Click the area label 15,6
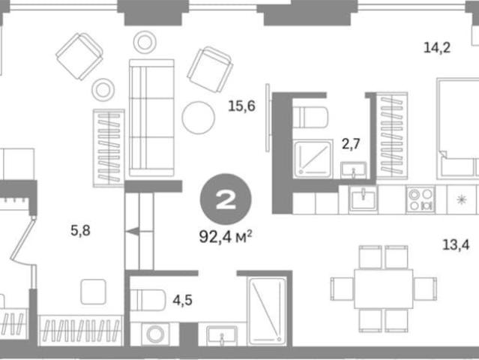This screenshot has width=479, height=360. click(x=241, y=106)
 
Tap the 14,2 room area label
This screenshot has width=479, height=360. click(x=437, y=48)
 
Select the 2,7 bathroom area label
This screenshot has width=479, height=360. click(x=351, y=144)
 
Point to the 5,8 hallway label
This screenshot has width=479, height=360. click(x=81, y=230)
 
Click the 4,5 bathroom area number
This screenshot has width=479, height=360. click(x=182, y=300)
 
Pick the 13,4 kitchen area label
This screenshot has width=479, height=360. click(x=456, y=244)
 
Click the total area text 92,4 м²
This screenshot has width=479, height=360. click(x=226, y=236)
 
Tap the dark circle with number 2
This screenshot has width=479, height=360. click(x=226, y=199)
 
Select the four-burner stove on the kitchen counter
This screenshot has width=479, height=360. click(x=421, y=199)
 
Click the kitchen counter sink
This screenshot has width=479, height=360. click(x=363, y=199)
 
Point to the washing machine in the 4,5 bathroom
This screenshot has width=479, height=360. click(x=155, y=334)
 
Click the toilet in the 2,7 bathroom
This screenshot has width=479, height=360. click(x=310, y=117)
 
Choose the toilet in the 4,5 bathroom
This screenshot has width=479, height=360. click(x=148, y=300)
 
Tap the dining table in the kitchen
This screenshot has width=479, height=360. click(x=384, y=289)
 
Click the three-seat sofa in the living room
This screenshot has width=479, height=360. click(x=151, y=118)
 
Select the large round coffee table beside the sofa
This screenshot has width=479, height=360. click(x=198, y=118)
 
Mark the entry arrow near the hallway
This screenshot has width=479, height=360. click(x=133, y=232)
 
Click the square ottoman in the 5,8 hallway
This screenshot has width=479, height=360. click(x=94, y=292)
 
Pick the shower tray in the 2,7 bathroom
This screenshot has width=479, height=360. click(x=313, y=158)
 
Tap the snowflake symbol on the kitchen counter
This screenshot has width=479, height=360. click(x=461, y=199)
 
